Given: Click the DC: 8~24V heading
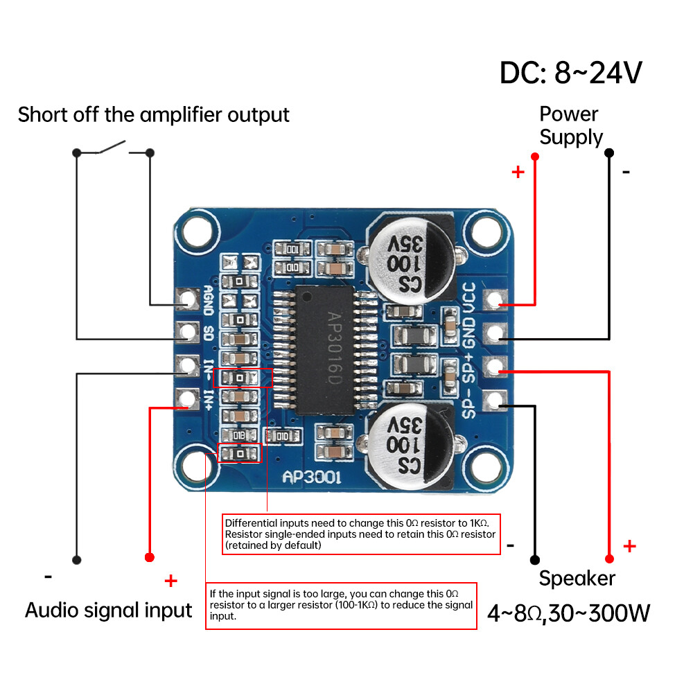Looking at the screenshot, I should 571,73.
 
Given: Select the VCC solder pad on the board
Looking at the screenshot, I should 494,299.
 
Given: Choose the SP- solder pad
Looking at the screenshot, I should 494,400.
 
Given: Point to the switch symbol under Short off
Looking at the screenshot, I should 113,148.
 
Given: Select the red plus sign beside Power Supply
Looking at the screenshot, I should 518,172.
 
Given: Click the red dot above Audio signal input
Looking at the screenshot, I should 149,557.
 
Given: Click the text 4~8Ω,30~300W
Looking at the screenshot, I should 568,613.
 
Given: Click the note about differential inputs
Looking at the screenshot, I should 361,534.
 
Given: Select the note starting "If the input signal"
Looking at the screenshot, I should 341,605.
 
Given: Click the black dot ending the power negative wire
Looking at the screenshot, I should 608,152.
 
